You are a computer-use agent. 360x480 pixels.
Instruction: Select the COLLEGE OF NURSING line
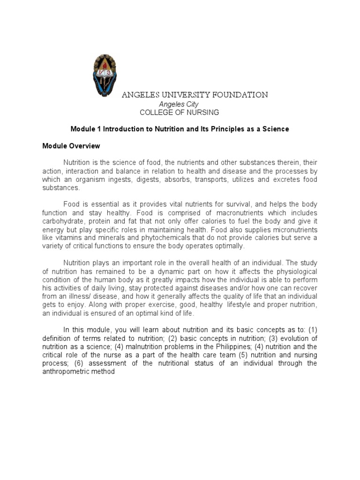pyautogui.click(x=179, y=112)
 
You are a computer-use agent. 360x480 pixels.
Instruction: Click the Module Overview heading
pyautogui.click(x=71, y=146)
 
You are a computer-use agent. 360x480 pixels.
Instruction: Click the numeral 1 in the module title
pyautogui.click(x=98, y=128)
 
